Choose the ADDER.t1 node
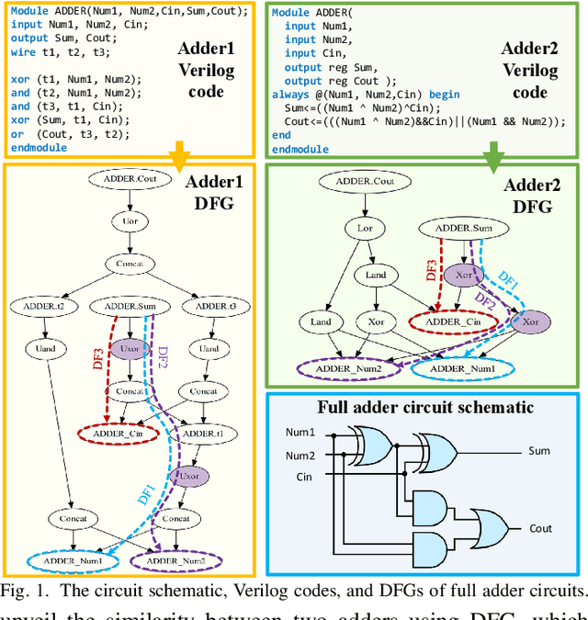(x=203, y=433)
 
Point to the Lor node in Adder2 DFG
(x=358, y=227)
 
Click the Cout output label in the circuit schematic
(x=539, y=528)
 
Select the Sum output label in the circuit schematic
(x=539, y=451)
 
